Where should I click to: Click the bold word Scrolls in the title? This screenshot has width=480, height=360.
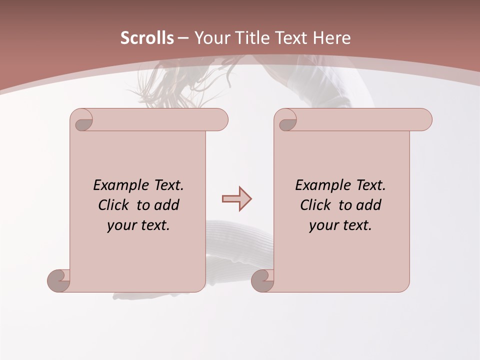[147, 38]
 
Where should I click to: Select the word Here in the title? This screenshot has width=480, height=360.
[331, 38]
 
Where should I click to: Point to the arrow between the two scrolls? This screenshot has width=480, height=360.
[236, 199]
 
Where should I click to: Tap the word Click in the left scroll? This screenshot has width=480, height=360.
[114, 205]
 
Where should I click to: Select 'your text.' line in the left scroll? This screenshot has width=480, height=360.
[138, 225]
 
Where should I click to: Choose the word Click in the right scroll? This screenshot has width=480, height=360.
[315, 205]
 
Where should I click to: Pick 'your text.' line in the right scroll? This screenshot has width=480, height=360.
[340, 225]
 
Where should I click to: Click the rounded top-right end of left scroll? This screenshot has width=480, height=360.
[220, 120]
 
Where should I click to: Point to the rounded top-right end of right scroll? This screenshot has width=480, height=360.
[424, 120]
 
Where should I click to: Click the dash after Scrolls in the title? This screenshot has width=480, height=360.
[183, 38]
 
